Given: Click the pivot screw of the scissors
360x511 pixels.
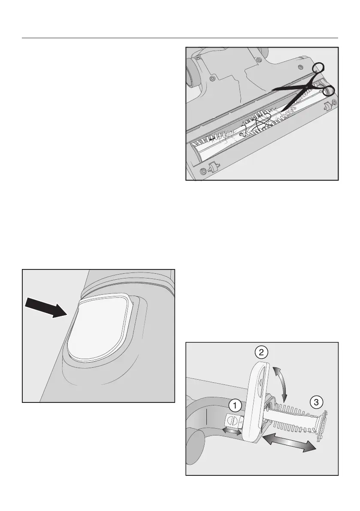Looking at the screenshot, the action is [307, 85].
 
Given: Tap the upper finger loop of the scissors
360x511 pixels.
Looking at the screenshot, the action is [318, 69].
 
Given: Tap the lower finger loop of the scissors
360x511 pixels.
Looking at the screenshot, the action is [329, 91].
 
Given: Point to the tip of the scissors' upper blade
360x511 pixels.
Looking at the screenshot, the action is [271, 90].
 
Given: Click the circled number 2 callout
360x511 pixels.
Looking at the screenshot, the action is [261, 353].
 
